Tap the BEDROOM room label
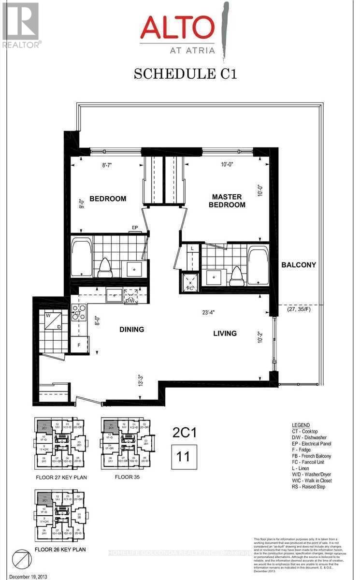click(108, 199)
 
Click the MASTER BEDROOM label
click(228, 201)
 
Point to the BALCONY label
click(299, 265)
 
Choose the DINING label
click(132, 330)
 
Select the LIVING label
click(225, 333)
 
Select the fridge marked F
click(79, 345)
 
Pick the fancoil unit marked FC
click(189, 283)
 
